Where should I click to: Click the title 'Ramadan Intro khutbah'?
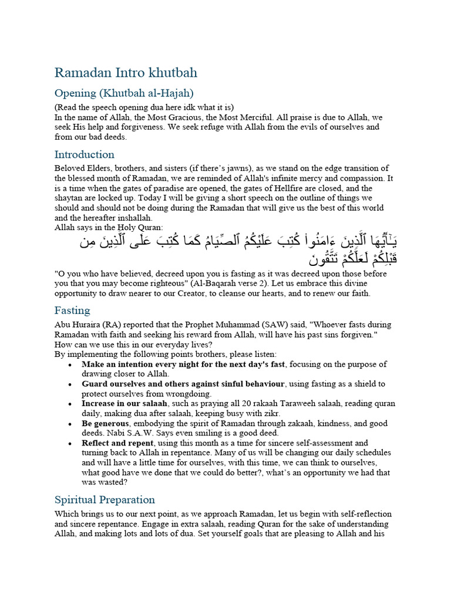click(x=126, y=73)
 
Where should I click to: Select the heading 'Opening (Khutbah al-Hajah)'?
click(x=124, y=93)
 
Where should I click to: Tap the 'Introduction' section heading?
click(x=84, y=154)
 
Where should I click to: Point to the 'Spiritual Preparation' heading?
click(x=105, y=499)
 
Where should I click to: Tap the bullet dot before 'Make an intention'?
click(x=70, y=365)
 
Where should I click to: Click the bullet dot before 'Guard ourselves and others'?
click(x=70, y=384)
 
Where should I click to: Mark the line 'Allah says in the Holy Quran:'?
click(x=109, y=227)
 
